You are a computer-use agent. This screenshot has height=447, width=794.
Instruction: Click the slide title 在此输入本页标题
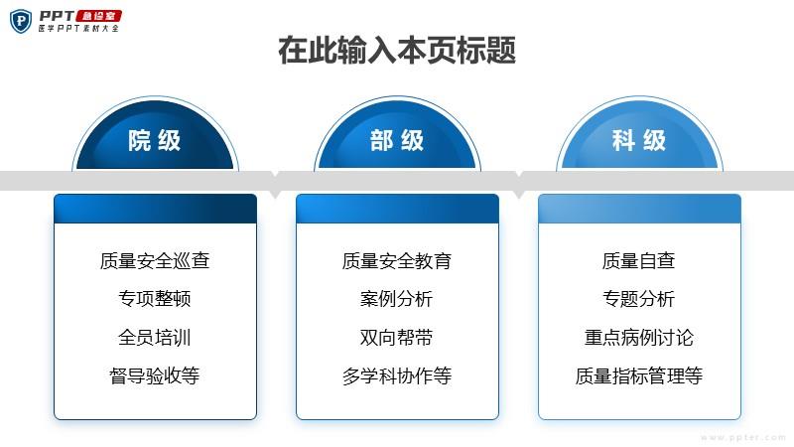click(x=397, y=51)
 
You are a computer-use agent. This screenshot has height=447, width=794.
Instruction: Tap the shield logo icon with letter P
click(x=21, y=21)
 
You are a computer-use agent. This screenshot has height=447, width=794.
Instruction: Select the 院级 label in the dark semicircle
click(x=155, y=140)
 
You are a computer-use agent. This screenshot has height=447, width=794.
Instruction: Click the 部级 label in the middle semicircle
click(x=397, y=140)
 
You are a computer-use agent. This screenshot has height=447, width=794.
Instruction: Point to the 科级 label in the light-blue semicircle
click(x=639, y=140)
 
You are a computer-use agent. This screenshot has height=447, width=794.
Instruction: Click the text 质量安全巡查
click(x=155, y=260)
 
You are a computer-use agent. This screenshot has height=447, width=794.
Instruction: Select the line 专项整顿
click(x=155, y=299)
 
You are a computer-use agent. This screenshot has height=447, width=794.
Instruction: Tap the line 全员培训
click(x=155, y=337)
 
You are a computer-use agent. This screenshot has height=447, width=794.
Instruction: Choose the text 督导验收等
click(x=155, y=375)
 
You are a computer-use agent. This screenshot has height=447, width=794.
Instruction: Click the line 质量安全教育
click(x=397, y=260)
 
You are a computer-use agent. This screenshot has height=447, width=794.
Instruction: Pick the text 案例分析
click(x=397, y=299)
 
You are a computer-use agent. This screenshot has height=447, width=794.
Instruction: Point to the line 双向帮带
click(x=397, y=337)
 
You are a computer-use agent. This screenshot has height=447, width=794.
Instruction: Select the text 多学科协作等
click(x=397, y=375)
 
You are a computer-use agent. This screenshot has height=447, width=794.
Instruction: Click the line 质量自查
click(x=639, y=260)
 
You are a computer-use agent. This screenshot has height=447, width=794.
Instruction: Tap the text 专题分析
click(x=639, y=299)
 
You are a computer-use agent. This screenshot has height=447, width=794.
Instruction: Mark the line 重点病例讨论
click(x=639, y=337)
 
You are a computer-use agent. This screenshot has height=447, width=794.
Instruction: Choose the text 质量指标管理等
click(x=639, y=375)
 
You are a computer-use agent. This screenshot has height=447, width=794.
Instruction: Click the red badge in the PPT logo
click(x=99, y=16)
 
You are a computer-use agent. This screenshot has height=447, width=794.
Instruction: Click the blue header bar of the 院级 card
click(x=156, y=209)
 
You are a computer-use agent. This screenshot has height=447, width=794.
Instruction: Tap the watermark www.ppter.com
click(x=743, y=437)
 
